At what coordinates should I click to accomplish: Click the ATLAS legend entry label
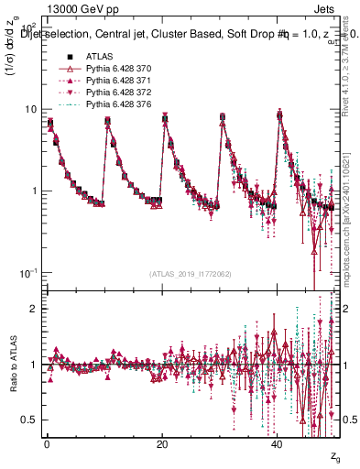[99, 57]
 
